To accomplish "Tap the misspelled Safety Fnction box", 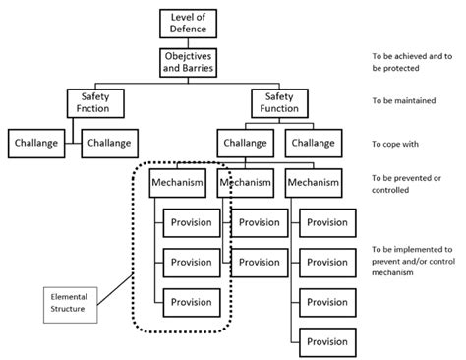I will click(x=94, y=103).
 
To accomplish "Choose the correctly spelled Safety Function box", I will click(x=279, y=103).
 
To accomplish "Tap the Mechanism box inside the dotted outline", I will click(x=177, y=182).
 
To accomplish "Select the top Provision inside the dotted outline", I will click(x=191, y=222).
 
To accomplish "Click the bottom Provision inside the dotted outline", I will click(x=191, y=301).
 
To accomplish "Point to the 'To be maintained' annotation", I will click(x=405, y=101).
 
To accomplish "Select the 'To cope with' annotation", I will click(x=396, y=144).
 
